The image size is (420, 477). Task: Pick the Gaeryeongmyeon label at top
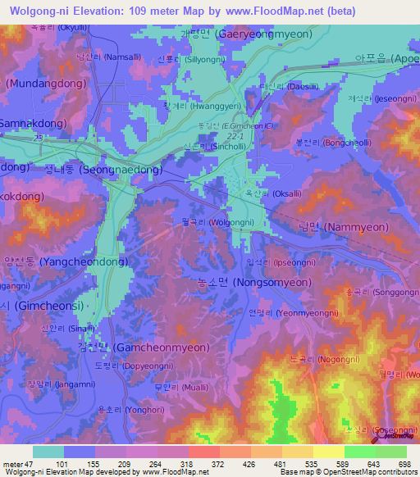coord(243,36)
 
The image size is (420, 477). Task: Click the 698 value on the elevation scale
coord(398,464)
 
